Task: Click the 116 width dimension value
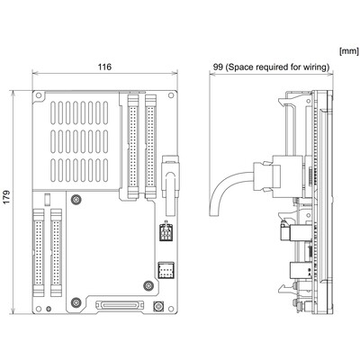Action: (x=104, y=67)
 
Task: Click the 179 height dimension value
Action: (x=6, y=197)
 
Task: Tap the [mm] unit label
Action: (x=348, y=51)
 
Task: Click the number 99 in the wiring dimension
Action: (x=218, y=67)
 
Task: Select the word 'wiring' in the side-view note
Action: (x=315, y=67)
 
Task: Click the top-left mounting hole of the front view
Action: (x=39, y=95)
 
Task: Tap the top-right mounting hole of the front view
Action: (x=171, y=95)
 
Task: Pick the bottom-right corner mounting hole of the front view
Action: (x=171, y=309)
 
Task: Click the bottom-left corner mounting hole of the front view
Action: (x=39, y=309)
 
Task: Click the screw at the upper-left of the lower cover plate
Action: (x=76, y=199)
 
